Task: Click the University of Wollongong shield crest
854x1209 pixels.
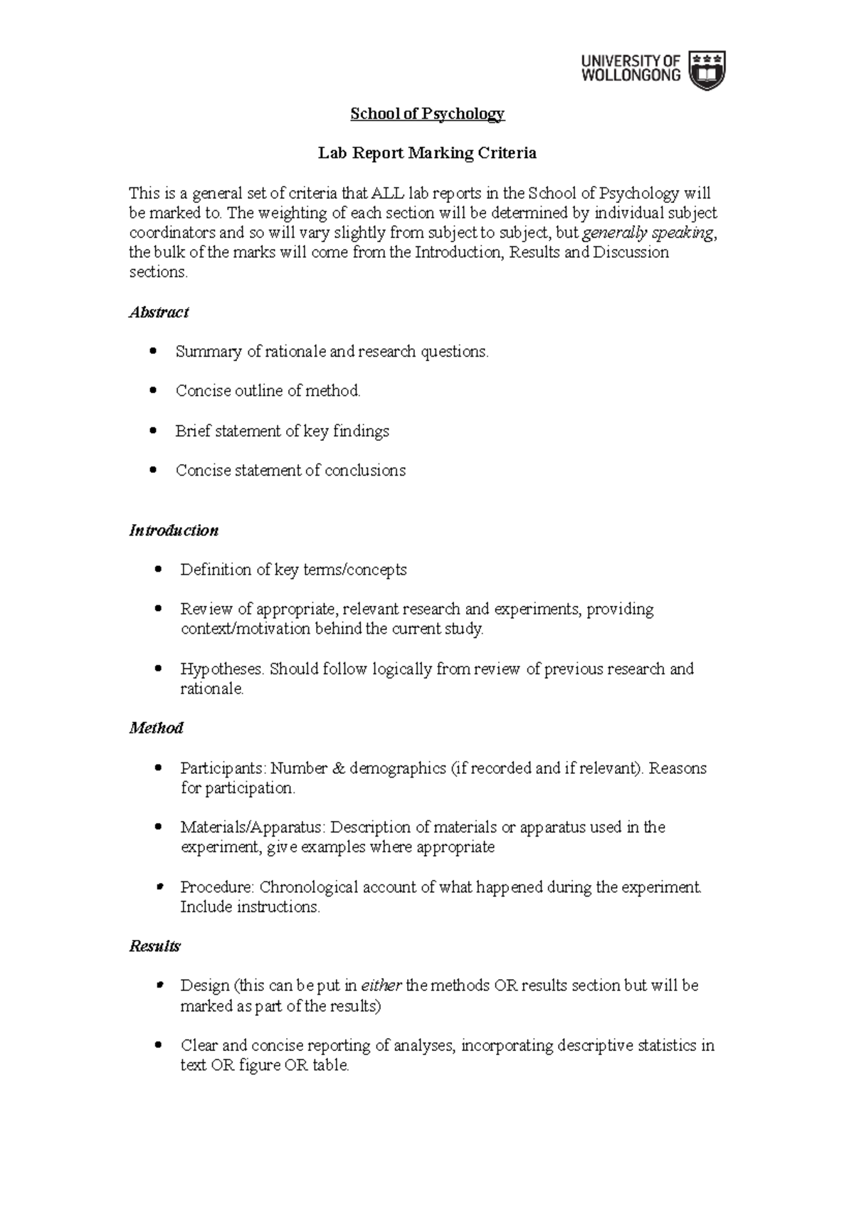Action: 709,70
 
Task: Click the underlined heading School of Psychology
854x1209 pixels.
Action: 427,114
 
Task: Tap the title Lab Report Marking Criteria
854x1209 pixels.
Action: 427,153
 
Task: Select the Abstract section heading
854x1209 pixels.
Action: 158,313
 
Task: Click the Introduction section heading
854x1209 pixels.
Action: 173,530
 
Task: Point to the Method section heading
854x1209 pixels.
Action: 156,728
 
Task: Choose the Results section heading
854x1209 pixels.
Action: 154,946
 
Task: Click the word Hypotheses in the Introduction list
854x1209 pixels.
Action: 221,669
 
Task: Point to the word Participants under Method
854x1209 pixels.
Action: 222,769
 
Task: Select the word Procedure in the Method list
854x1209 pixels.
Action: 216,887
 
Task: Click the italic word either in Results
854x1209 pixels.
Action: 381,986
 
